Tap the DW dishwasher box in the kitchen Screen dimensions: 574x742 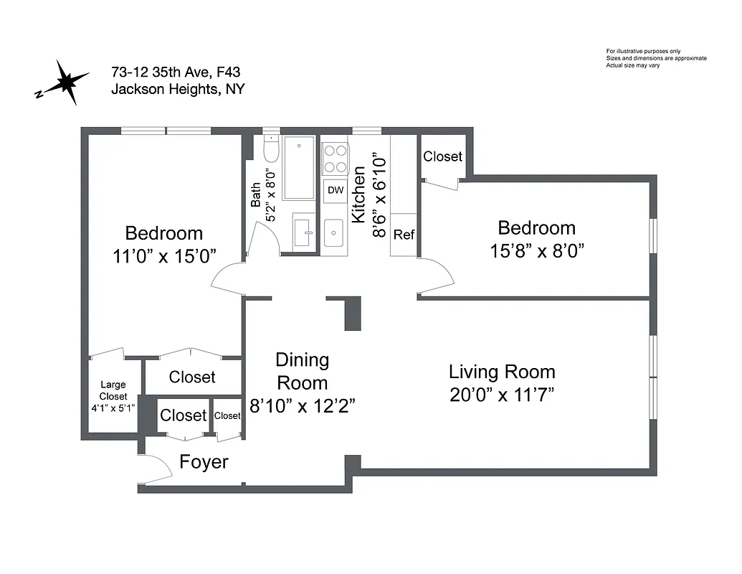click(335, 190)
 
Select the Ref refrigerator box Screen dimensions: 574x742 click(404, 235)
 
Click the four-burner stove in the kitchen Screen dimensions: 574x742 click(335, 159)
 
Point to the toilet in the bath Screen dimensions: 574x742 click(271, 150)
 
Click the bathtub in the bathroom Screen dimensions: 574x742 click(298, 168)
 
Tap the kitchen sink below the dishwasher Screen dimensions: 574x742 click(333, 233)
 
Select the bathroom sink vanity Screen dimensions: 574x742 click(302, 232)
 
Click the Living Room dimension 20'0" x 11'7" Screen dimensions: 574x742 click(502, 395)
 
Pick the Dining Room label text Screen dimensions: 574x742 click(302, 371)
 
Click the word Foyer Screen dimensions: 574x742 click(204, 462)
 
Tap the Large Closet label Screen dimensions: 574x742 click(113, 390)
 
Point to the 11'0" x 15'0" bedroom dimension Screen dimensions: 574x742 click(163, 256)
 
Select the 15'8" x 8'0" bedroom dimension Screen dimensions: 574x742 click(536, 251)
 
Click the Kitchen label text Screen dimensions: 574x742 click(359, 195)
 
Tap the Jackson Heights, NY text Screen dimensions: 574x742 click(177, 90)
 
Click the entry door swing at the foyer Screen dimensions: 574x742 click(156, 469)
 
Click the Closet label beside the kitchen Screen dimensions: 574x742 click(442, 156)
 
